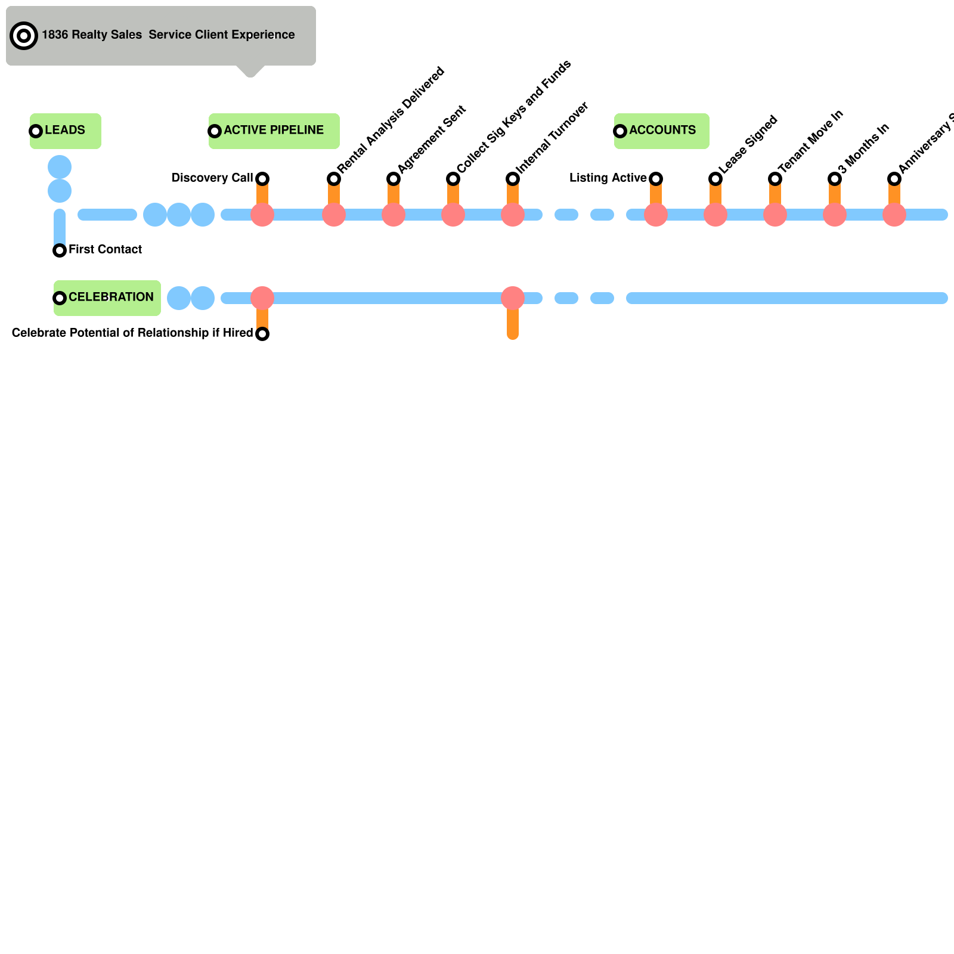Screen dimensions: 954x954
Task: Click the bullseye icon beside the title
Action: [x=24, y=36]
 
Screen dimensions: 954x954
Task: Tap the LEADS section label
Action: [x=65, y=130]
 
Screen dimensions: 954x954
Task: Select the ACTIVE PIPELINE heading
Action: [x=274, y=130]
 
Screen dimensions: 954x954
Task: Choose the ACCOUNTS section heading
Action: [x=662, y=130]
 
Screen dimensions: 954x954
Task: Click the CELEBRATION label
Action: [x=111, y=297]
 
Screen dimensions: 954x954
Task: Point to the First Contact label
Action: [x=105, y=249]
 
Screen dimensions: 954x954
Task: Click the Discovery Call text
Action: [x=212, y=178]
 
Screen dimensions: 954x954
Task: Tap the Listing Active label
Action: [x=608, y=178]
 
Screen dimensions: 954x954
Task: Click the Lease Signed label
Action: [x=749, y=144]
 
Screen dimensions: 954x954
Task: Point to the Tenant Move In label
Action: [x=811, y=141]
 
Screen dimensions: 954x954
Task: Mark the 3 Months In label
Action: [x=864, y=148]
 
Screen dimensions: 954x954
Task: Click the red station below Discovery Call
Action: [x=262, y=215]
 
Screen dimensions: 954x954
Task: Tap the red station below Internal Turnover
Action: [x=513, y=215]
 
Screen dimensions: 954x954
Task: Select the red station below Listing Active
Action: [x=656, y=215]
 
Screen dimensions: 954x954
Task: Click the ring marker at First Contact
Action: [x=60, y=250]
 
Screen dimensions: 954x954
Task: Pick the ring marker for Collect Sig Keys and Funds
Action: [x=453, y=179]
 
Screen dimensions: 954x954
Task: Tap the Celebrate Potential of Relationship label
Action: [x=132, y=333]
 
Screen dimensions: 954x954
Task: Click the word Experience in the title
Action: [x=263, y=35]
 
